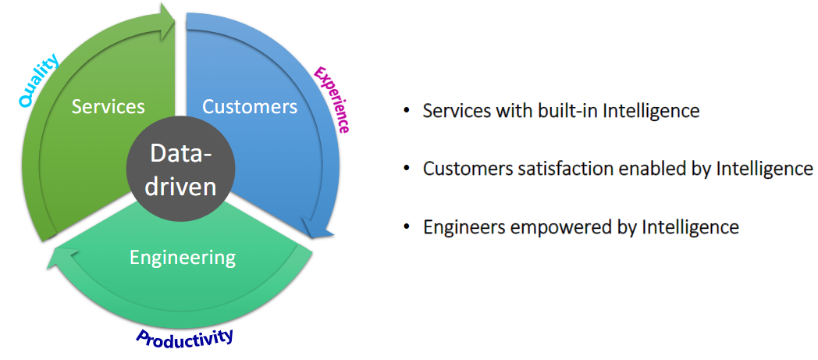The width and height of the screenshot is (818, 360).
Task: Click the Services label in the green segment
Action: [108, 105]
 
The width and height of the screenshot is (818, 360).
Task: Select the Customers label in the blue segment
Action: [250, 105]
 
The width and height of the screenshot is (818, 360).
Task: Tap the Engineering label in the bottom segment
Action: [183, 256]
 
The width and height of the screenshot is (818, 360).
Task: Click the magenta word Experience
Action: [331, 98]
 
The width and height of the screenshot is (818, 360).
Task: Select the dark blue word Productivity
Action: [185, 337]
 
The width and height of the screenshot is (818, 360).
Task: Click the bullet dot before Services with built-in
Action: [406, 111]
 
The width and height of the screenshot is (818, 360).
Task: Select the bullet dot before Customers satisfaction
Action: [406, 169]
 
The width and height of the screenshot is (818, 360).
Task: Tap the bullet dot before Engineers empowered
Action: [406, 226]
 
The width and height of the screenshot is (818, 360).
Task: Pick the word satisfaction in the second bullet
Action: [541, 169]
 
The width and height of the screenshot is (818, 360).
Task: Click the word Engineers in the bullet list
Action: [457, 227]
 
